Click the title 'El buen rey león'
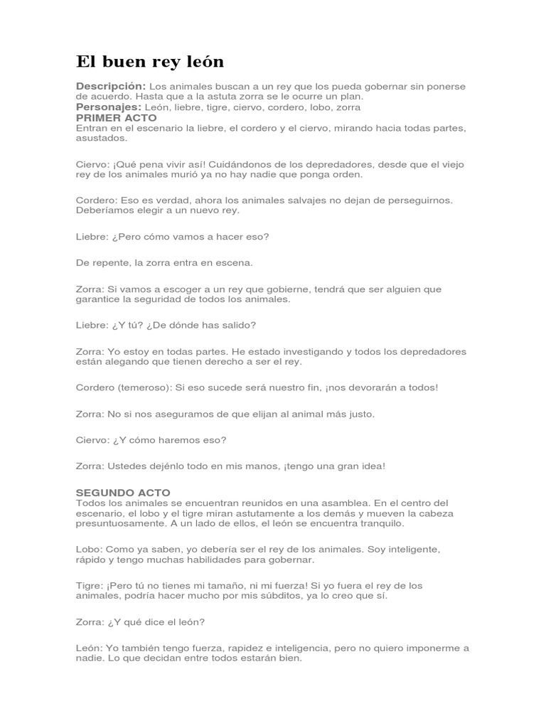(150, 62)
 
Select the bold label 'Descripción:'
(111, 86)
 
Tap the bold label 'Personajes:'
(109, 107)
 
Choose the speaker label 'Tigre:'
(90, 586)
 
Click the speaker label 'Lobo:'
(90, 550)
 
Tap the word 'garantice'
(101, 299)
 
